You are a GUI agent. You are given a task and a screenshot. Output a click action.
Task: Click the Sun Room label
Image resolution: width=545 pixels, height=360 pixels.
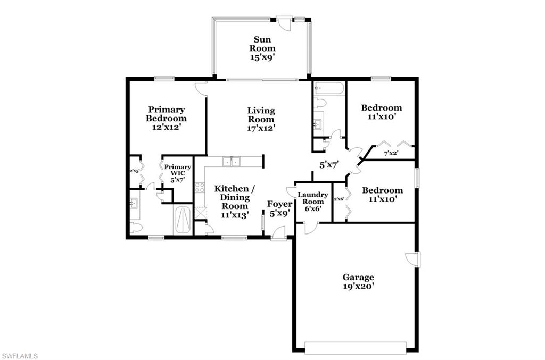[264, 48]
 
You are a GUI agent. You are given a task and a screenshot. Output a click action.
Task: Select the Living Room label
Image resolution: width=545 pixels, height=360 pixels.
[261, 119]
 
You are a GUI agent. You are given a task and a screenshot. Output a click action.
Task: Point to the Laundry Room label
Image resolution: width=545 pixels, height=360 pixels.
[312, 202]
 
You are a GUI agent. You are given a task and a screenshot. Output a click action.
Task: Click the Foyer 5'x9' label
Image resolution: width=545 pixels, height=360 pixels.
[279, 208]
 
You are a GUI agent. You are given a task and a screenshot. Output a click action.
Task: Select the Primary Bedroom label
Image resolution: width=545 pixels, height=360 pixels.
[166, 118]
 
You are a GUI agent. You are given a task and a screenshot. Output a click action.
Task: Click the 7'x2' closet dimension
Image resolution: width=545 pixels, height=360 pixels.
[391, 154]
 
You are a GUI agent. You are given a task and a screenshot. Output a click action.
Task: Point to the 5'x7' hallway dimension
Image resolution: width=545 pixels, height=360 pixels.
[329, 165]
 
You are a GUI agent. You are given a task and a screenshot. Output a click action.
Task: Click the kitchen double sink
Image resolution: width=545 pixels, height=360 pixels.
[232, 162]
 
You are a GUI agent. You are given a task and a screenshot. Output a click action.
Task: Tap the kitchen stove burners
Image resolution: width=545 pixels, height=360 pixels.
[200, 187]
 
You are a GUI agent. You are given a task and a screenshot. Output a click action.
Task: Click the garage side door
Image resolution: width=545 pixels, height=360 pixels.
[414, 259]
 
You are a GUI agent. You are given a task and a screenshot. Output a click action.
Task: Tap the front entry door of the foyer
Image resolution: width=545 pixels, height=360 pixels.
[278, 233]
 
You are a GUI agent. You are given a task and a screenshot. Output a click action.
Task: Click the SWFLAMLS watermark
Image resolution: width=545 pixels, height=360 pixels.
[20, 355]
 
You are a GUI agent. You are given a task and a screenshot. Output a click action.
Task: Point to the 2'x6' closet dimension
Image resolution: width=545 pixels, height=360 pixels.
[338, 199]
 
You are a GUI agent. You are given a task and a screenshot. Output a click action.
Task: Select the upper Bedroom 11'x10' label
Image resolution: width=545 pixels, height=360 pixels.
[381, 111]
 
